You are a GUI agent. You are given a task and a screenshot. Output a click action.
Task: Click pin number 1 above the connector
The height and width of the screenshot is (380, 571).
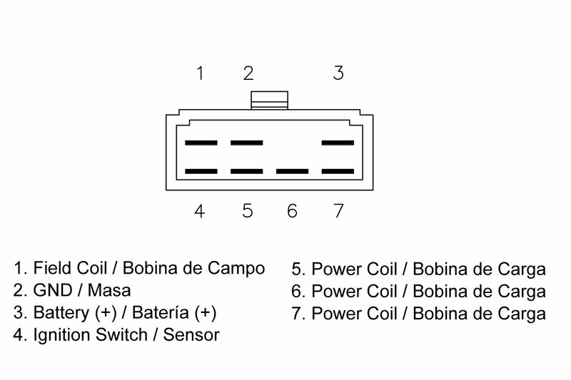tap(201, 73)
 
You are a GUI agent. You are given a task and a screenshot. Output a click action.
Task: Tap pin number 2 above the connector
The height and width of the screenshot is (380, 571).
tap(248, 73)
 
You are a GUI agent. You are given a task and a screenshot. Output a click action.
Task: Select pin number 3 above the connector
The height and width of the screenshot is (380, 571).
tap(339, 73)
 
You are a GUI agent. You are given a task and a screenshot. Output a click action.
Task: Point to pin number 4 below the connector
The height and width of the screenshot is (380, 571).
tap(201, 211)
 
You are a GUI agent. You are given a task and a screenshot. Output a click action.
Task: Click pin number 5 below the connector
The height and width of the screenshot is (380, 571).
tap(248, 211)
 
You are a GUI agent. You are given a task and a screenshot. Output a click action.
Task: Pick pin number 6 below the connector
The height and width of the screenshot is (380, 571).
tap(292, 211)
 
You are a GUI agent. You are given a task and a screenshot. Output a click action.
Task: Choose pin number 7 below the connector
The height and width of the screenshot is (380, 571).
tap(339, 211)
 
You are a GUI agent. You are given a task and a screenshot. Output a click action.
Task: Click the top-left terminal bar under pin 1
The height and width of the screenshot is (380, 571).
tap(201, 143)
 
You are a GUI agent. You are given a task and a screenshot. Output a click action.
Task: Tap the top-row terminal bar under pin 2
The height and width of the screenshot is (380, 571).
tap(247, 143)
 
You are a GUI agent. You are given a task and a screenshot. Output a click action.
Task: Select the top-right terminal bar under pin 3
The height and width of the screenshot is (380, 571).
tap(338, 143)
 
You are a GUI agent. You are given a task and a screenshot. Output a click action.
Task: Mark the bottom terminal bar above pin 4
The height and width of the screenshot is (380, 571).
tap(201, 171)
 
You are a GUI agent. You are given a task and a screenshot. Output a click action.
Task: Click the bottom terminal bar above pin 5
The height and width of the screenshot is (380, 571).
tap(247, 171)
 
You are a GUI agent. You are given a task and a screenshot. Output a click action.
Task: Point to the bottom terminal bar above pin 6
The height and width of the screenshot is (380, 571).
tap(293, 171)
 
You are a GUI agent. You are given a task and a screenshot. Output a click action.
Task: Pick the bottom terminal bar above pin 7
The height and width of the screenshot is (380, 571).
tap(338, 171)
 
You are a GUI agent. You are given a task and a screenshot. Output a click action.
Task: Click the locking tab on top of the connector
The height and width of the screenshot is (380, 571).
tap(269, 101)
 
